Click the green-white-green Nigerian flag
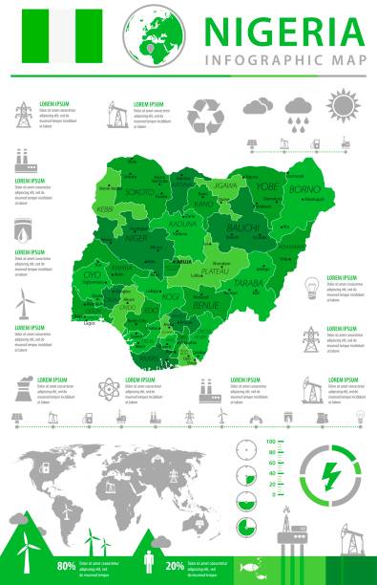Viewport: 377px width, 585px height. [70, 35]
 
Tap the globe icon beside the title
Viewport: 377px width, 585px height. [156, 32]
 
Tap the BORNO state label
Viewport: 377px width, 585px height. [304, 189]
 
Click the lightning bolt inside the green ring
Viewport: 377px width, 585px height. [331, 472]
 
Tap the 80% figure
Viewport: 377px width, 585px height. [67, 567]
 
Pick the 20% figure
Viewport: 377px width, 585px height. [174, 567]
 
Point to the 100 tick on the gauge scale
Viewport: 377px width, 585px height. [273, 442]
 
